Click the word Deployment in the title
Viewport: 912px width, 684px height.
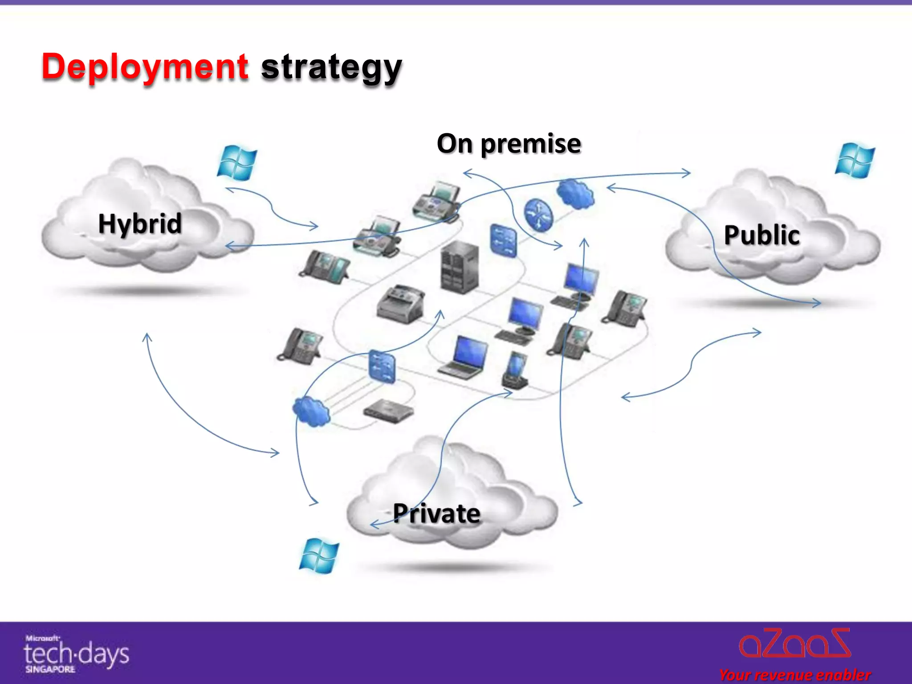(x=145, y=67)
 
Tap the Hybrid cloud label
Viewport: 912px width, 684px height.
(x=140, y=224)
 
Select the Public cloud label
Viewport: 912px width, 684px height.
(x=761, y=235)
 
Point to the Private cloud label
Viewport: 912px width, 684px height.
(x=436, y=513)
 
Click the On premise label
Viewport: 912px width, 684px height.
(x=509, y=143)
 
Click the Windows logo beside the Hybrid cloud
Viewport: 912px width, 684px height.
(x=237, y=163)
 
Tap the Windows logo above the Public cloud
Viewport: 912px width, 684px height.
(x=855, y=160)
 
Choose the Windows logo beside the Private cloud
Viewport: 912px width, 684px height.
(x=319, y=556)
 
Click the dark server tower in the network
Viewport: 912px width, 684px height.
(x=460, y=267)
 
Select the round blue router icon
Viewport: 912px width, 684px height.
(x=538, y=215)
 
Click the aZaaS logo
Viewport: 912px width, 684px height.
(x=795, y=643)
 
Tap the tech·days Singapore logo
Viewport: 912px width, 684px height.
(x=76, y=654)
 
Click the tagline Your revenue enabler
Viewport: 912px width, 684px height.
(x=795, y=675)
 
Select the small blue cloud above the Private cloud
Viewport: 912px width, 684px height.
(x=311, y=411)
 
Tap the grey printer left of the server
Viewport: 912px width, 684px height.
(x=400, y=303)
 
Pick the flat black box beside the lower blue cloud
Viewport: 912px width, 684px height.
(x=388, y=411)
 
